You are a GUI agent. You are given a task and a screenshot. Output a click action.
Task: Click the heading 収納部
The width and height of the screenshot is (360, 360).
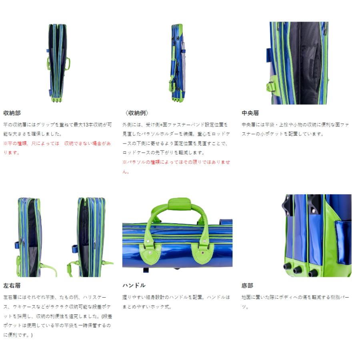click(12, 113)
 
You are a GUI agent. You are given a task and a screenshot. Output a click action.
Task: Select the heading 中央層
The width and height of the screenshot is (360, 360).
click(250, 113)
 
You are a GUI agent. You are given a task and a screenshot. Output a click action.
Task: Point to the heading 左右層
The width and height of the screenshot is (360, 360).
click(12, 286)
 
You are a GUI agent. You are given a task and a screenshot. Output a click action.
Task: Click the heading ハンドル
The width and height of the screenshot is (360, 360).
click(134, 286)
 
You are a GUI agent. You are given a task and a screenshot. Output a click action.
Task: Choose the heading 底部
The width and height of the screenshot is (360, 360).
click(247, 286)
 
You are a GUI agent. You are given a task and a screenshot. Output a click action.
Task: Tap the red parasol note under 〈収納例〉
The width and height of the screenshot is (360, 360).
click(176, 166)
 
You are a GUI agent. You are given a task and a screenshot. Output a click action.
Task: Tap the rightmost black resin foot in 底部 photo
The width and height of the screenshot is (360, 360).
click(313, 273)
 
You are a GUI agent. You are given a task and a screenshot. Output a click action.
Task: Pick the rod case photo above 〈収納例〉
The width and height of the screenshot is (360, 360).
click(177, 63)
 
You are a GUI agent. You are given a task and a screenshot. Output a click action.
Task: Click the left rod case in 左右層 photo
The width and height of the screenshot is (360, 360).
click(29, 237)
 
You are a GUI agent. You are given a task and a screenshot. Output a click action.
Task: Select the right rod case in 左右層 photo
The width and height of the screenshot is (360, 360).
click(90, 237)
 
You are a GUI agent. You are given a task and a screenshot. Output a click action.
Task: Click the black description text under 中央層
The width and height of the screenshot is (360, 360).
click(295, 129)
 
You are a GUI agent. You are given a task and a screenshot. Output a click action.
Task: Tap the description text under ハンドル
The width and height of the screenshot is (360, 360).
click(176, 302)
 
